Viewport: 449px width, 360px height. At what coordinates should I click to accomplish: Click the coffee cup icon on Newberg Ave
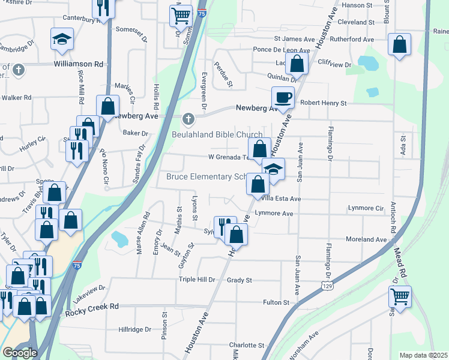(x=283, y=97)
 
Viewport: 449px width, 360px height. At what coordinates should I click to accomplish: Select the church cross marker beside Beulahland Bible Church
(x=189, y=118)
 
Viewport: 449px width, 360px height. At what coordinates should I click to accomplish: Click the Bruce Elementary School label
(x=207, y=177)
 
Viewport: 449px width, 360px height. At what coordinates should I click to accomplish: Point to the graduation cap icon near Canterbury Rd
(x=61, y=39)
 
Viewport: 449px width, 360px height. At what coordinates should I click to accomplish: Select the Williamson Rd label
(x=79, y=64)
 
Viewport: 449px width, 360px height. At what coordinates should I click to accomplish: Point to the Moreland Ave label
(x=366, y=239)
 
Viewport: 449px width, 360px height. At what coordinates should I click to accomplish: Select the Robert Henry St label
(x=324, y=103)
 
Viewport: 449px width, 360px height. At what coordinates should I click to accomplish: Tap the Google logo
(x=20, y=352)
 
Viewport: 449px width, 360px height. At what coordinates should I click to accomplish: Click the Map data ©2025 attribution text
(x=424, y=355)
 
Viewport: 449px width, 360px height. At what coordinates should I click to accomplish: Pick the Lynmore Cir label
(x=366, y=208)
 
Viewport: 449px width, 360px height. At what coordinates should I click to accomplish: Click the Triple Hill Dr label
(x=196, y=280)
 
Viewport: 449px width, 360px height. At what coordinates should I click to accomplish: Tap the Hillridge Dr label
(x=134, y=329)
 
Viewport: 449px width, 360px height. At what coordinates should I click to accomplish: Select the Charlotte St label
(x=246, y=346)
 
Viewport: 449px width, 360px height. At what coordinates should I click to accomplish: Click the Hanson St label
(x=358, y=5)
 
